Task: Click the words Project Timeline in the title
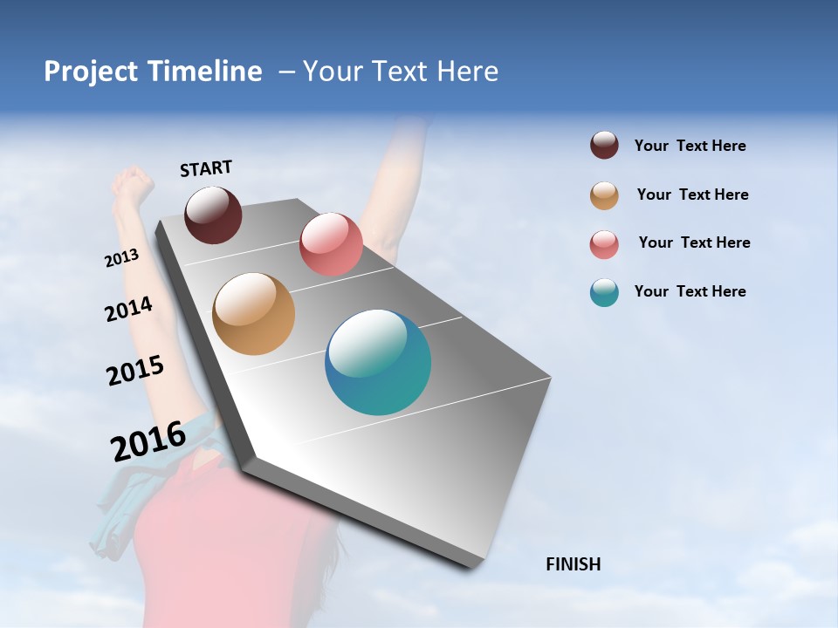pos(153,72)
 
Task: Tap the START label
pos(206,168)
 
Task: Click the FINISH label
pos(574,564)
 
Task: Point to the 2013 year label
pos(122,258)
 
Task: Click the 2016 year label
pos(148,441)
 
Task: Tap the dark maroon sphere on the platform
pos(213,215)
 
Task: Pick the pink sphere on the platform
pos(331,244)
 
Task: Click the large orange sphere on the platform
pos(253,314)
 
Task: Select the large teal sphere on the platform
pos(378,362)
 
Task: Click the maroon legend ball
pos(604,146)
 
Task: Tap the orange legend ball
pos(604,195)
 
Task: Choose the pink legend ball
pos(604,244)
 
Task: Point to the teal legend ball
pos(604,292)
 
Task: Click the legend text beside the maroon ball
pos(690,147)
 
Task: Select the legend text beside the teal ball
pos(690,291)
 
